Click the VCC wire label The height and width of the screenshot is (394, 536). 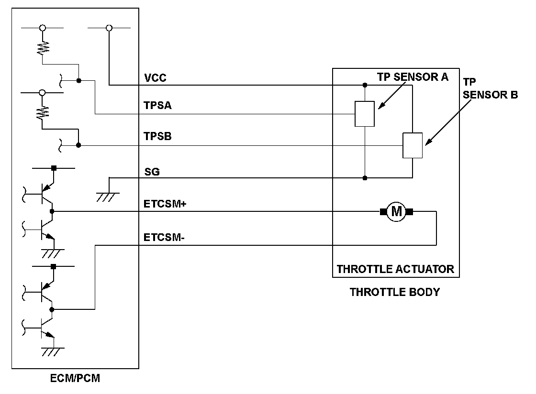click(155, 78)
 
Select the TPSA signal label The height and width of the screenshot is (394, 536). click(157, 106)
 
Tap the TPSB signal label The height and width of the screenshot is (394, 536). click(157, 137)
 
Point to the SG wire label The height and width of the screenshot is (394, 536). click(152, 172)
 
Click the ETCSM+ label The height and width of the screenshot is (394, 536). click(165, 204)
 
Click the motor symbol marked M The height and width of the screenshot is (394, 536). click(396, 211)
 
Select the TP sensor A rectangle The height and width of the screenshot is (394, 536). click(365, 114)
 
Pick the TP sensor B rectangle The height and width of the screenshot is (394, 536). click(413, 145)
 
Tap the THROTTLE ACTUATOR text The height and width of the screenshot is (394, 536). click(395, 269)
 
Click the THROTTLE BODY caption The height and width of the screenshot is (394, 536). click(395, 292)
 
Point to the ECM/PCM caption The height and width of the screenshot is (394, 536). click(75, 379)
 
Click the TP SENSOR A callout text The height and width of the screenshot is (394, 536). click(413, 77)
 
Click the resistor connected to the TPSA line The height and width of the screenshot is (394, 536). click(43, 47)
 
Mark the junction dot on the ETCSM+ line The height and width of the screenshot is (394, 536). click(52, 211)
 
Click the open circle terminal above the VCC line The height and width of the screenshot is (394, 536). click(109, 28)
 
